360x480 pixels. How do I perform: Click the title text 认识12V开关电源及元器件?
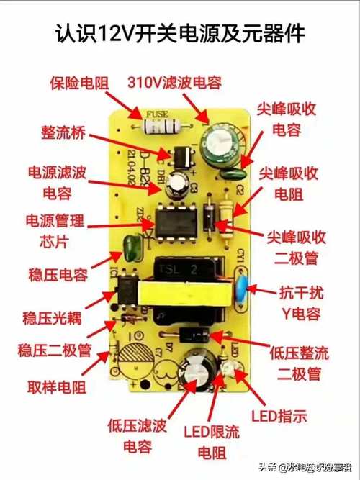tap(180, 33)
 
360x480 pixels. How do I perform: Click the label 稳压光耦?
tap(54, 317)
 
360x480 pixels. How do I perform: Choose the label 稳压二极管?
tap(54, 350)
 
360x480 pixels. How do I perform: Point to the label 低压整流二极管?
tap(299, 363)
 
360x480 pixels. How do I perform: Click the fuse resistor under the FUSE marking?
tap(160, 127)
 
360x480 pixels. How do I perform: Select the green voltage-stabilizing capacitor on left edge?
tap(132, 247)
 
